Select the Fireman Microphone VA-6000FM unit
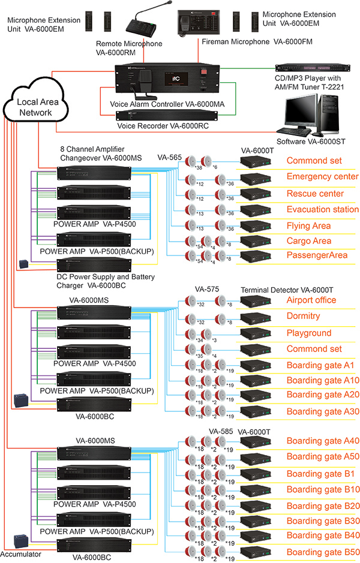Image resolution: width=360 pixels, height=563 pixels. coord(197,23)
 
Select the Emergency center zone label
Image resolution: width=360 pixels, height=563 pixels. coord(322,177)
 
